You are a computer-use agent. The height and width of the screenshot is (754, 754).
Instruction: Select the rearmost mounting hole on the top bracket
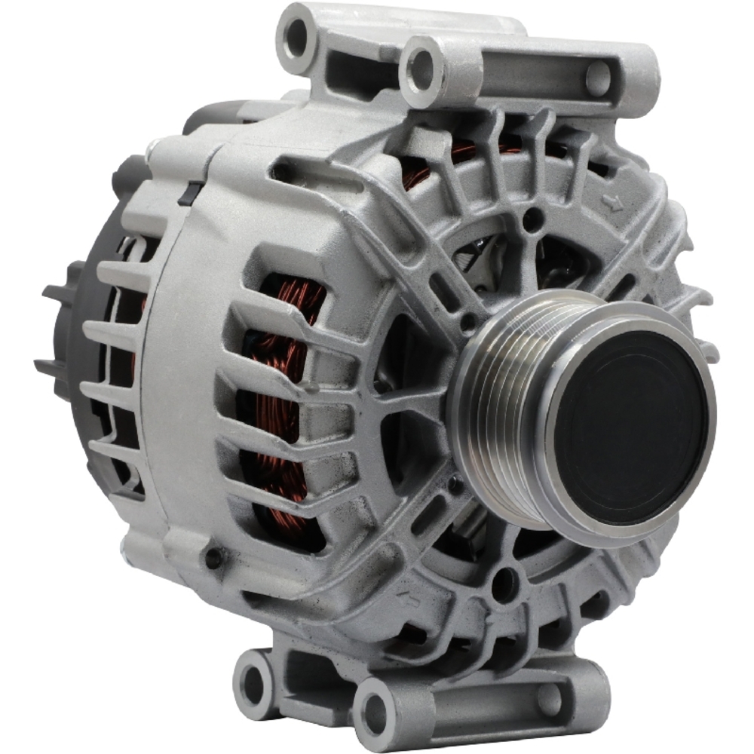(x=296, y=35)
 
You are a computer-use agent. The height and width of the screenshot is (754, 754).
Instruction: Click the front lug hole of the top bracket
(x=422, y=69)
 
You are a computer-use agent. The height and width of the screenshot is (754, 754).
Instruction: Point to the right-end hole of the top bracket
(x=600, y=77)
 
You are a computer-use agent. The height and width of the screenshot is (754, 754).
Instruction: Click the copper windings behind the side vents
(x=283, y=400)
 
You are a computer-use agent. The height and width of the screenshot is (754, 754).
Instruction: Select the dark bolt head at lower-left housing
(x=214, y=558)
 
